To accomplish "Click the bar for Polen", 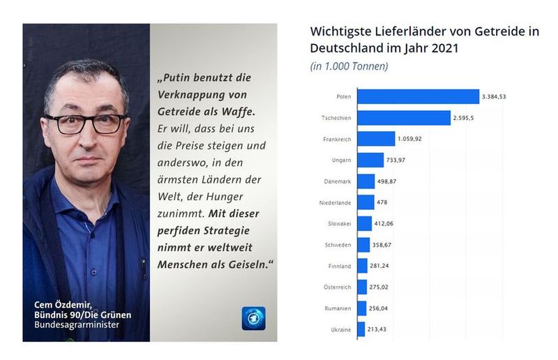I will click(x=418, y=96).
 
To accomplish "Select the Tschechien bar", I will click(x=403, y=117).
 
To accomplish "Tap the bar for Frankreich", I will click(x=376, y=139).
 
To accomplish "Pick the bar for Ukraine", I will click(x=361, y=329).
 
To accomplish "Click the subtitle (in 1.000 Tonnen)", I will click(x=349, y=66).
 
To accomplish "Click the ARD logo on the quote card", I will click(x=253, y=317).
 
